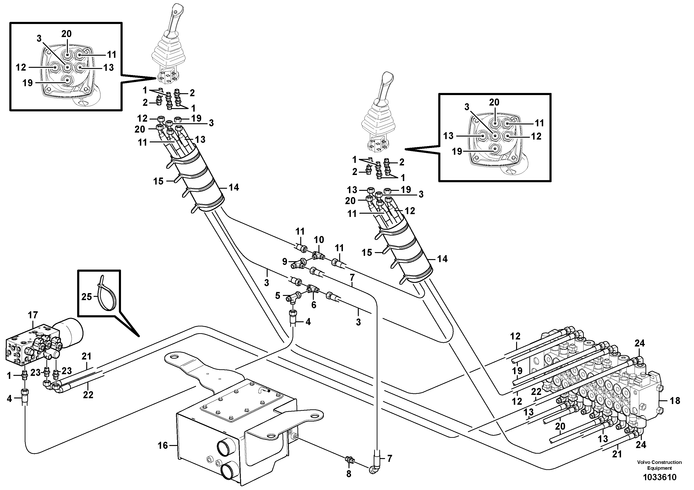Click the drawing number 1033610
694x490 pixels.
[659, 477]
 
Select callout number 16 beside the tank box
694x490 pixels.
[163, 445]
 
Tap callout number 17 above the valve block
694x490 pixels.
[33, 315]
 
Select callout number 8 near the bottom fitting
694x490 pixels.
[349, 474]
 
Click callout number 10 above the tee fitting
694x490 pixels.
[319, 240]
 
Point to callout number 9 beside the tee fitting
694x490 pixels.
[284, 262]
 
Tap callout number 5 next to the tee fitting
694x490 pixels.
[277, 295]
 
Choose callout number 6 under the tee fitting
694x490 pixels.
[314, 305]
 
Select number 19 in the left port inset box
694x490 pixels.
[28, 83]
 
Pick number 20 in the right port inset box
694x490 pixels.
[494, 103]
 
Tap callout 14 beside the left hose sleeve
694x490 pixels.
[234, 188]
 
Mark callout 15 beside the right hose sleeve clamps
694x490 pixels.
[367, 253]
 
